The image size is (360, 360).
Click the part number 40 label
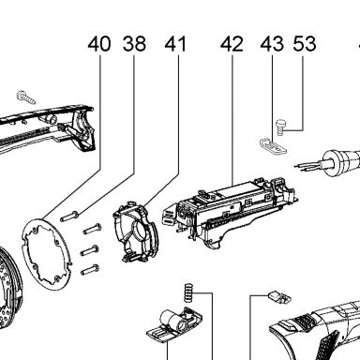tap(99, 44)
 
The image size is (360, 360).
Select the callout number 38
tap(134, 44)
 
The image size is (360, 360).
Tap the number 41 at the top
tap(175, 44)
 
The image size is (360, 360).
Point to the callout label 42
tap(232, 44)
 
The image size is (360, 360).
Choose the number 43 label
tap(272, 44)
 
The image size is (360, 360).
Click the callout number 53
tap(305, 44)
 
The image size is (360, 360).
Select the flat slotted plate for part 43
tap(273, 146)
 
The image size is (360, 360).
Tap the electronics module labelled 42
tap(229, 211)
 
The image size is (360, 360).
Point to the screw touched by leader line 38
tap(70, 217)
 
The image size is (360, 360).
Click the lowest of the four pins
tap(90, 270)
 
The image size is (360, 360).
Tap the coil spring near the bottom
tap(187, 292)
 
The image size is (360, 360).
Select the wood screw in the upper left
tap(26, 97)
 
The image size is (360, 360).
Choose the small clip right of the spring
tap(279, 297)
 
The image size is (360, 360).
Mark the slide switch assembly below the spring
tap(174, 325)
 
